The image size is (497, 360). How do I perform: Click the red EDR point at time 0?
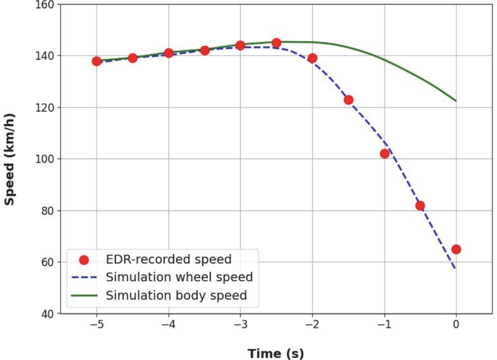[x=456, y=249]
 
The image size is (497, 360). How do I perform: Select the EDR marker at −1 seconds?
[x=385, y=153]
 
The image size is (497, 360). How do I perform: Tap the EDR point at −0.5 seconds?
[x=420, y=205]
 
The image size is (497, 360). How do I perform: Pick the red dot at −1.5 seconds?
[x=349, y=99]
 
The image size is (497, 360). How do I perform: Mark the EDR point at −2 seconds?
[x=312, y=58]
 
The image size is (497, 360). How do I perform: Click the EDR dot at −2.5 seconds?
[x=276, y=43]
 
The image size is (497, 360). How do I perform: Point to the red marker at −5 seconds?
[x=96, y=61]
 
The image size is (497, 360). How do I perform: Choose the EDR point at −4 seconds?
[x=168, y=53]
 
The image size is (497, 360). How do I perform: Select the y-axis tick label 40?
[x=48, y=313]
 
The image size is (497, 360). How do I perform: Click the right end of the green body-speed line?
[x=456, y=101]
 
